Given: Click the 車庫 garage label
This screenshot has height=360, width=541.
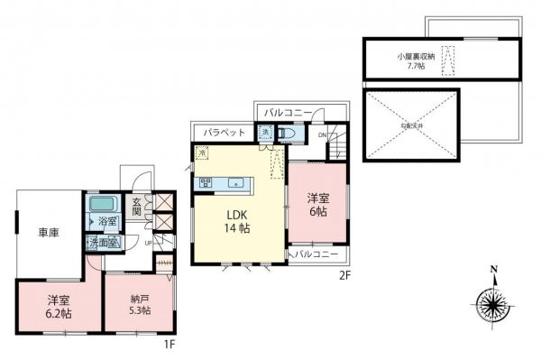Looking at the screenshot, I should click(49, 233).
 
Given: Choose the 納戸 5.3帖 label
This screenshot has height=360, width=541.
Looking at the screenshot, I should click(138, 305).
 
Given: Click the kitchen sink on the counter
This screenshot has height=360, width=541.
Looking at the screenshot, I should click(236, 183).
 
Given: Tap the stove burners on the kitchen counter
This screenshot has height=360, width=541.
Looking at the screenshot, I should click(206, 183).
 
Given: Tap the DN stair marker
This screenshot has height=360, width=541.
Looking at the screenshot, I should click(323, 135).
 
